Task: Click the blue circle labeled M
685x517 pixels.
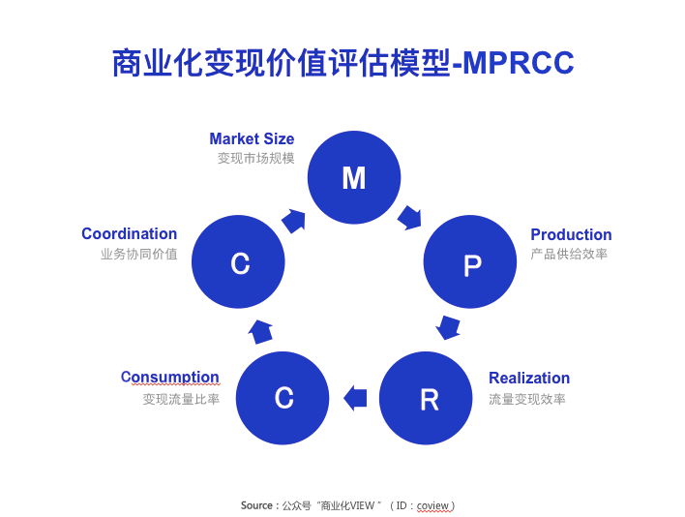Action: (354, 177)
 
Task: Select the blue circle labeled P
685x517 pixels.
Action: (471, 261)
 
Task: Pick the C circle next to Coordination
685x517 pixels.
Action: (239, 261)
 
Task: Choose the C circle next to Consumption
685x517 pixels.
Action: (283, 397)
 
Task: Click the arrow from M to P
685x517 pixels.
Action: (410, 217)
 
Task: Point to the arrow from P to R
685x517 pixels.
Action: (448, 327)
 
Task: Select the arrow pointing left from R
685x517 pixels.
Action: (355, 397)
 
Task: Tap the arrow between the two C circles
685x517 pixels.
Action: (260, 331)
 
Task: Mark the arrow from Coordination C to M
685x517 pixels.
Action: (293, 220)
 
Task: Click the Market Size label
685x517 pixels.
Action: (252, 139)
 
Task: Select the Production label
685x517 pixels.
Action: (571, 234)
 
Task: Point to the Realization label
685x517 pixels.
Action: (529, 378)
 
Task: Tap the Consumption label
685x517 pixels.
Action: (170, 378)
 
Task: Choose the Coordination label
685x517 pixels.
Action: (130, 234)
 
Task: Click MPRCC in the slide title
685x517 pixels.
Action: (519, 63)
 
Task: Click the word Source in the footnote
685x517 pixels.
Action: (256, 505)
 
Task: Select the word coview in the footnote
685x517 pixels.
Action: (433, 505)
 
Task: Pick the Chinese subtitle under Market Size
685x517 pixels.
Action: (255, 158)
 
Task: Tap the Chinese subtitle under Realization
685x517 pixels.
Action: (527, 398)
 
